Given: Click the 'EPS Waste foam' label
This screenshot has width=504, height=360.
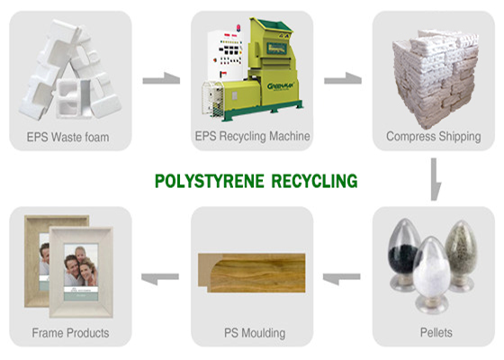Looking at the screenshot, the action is (x=67, y=137).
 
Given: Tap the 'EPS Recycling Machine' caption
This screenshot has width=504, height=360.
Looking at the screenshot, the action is (x=252, y=136).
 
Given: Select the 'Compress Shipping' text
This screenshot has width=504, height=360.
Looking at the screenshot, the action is (x=434, y=136).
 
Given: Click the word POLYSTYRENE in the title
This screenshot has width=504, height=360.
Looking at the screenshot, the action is (x=209, y=181).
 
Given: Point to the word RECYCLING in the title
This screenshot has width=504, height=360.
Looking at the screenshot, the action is (x=314, y=181).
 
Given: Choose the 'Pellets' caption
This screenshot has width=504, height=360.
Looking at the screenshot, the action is (x=436, y=332).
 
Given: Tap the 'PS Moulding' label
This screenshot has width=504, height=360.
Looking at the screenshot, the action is (x=255, y=333).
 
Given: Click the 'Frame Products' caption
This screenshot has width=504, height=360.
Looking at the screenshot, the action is (x=70, y=333).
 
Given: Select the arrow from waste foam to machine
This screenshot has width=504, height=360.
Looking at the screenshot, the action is (x=161, y=79).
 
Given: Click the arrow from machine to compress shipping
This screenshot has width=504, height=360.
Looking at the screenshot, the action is (x=343, y=79).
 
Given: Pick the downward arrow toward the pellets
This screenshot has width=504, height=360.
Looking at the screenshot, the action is (x=435, y=179).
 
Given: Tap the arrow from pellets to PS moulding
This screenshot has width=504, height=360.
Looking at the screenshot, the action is (x=341, y=278).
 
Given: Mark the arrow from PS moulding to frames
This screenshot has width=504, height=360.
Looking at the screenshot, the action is (x=160, y=278).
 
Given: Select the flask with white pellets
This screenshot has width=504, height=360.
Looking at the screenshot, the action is (x=431, y=274).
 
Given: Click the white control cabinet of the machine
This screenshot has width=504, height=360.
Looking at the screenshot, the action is (x=225, y=55).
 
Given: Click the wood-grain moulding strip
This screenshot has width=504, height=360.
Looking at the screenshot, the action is (x=251, y=273).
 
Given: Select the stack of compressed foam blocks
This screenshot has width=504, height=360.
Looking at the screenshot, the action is (x=435, y=77).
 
